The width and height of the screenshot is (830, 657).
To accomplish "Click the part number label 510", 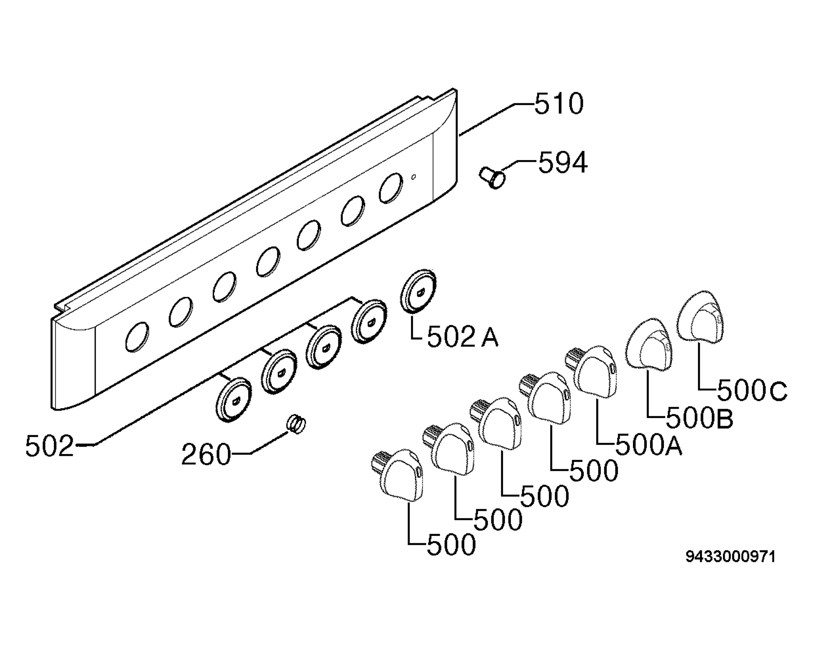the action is point(559,104).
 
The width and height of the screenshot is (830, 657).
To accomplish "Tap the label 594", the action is point(563,163).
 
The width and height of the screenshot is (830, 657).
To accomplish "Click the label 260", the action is point(206,455).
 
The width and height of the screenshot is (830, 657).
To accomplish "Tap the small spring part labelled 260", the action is point(296,424).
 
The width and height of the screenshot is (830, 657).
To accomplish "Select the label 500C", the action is point(752,391).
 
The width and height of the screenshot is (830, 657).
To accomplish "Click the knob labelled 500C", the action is point(700,317).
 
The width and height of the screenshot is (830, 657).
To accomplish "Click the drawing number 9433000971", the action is point(730,557).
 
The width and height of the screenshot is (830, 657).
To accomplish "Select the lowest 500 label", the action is point(452,545).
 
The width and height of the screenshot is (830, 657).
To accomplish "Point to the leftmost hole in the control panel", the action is point(137,337).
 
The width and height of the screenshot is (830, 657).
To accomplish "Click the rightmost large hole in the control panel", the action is point(391,188).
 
